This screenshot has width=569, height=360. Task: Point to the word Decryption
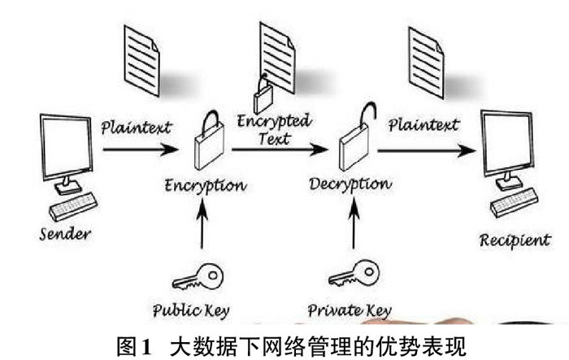click(350, 184)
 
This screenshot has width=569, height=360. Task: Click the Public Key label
click(192, 310)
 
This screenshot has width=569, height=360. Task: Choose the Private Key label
click(350, 310)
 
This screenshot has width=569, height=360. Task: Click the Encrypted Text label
click(273, 130)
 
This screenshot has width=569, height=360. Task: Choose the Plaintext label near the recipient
click(423, 125)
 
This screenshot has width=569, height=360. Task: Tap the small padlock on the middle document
click(263, 98)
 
